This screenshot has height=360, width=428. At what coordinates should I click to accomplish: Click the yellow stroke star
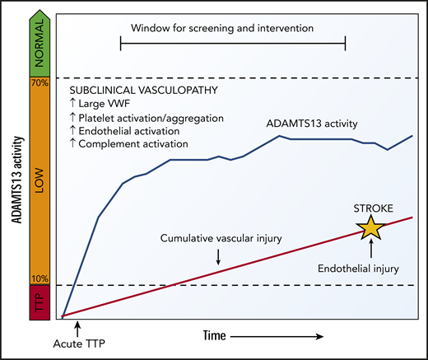[370, 228]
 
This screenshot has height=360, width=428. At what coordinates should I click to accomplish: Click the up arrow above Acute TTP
[64, 330]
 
